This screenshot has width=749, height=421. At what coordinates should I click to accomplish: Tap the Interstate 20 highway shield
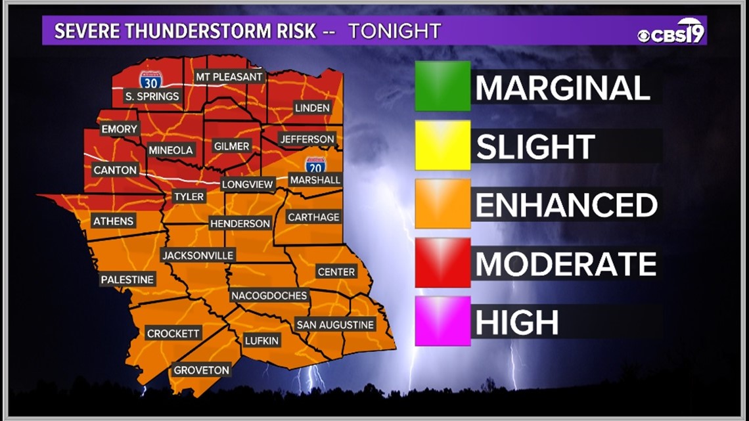[315, 164]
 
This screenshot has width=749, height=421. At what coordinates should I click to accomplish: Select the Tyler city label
[189, 196]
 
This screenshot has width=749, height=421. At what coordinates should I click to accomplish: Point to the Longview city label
[248, 185]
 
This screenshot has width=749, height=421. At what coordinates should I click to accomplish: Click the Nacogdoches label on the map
[269, 296]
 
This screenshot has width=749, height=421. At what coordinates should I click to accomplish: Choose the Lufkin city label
[262, 340]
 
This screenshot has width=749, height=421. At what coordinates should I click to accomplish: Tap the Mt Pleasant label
[230, 77]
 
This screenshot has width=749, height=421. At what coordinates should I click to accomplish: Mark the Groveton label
[201, 370]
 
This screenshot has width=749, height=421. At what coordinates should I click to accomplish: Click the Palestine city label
[127, 280]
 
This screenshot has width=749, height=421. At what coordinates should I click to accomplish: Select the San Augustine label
[335, 324]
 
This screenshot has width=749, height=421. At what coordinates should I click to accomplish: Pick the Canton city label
[116, 170]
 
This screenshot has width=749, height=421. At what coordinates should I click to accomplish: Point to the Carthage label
[314, 217]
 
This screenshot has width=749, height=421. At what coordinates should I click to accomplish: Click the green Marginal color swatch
[442, 86]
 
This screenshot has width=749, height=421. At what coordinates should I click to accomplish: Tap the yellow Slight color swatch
[442, 145]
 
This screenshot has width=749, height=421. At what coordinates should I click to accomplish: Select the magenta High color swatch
[442, 321]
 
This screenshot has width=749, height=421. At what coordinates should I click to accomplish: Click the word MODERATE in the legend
[566, 264]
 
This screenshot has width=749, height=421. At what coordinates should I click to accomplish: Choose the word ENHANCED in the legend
[566, 205]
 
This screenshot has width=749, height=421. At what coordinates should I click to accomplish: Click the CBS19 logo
[671, 32]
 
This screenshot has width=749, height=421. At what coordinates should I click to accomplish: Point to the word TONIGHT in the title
[394, 32]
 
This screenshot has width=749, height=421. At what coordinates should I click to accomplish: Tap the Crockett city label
[173, 334]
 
